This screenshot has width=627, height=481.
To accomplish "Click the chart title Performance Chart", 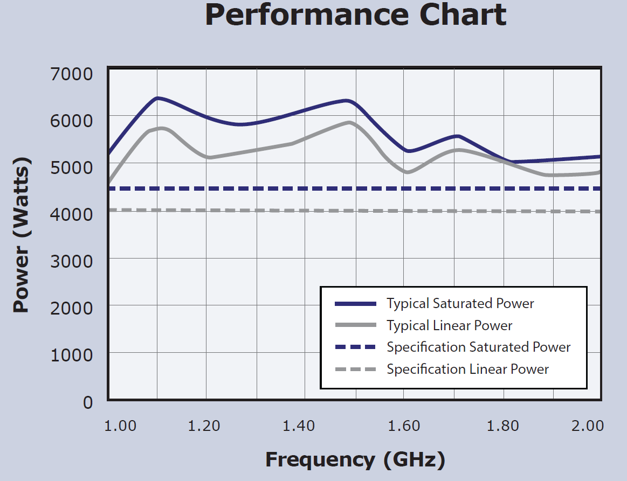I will pyautogui.click(x=356, y=15).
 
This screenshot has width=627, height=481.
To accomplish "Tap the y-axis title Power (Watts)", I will pyautogui.click(x=22, y=235).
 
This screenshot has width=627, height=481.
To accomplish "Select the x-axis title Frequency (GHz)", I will pyautogui.click(x=355, y=459).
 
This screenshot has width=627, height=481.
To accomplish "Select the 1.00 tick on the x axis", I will pyautogui.click(x=120, y=426).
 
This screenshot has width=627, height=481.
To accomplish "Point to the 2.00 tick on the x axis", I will pyautogui.click(x=587, y=426).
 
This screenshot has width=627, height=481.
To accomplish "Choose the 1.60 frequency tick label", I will pyautogui.click(x=404, y=426).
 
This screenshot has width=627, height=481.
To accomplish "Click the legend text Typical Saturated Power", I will pyautogui.click(x=460, y=304).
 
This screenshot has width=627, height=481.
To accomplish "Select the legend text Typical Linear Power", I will pyautogui.click(x=449, y=326).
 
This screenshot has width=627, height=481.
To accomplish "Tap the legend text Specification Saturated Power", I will pyautogui.click(x=478, y=347).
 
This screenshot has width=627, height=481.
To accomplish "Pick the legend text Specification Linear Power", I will pyautogui.click(x=467, y=370).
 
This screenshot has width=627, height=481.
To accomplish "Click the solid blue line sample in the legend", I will pyautogui.click(x=355, y=304).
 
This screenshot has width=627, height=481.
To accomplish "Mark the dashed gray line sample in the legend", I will pyautogui.click(x=355, y=370).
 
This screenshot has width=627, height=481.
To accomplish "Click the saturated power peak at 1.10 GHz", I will pyautogui.click(x=157, y=98).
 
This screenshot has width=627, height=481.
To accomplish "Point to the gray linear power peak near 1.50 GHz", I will pyautogui.click(x=350, y=123).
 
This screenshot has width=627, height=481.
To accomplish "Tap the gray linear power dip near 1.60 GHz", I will pyautogui.click(x=407, y=172).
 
